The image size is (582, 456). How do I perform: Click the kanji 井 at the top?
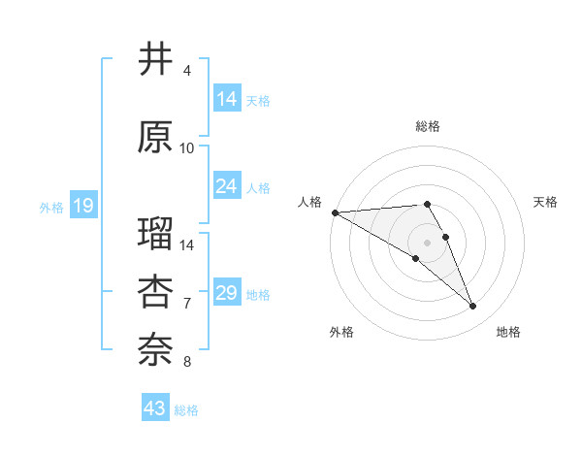(155, 60)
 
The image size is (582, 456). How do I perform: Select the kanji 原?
(155, 138)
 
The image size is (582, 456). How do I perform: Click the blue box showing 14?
(227, 99)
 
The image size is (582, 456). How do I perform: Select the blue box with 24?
(227, 186)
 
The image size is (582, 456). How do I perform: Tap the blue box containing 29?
(227, 293)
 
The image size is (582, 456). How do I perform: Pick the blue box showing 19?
(82, 206)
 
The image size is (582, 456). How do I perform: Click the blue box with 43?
(154, 408)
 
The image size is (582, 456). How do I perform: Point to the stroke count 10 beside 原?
(187, 148)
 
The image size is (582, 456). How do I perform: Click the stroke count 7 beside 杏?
(187, 304)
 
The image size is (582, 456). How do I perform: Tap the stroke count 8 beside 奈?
(187, 362)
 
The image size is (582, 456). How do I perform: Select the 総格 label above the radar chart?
(427, 126)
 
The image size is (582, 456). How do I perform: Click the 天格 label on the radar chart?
(546, 202)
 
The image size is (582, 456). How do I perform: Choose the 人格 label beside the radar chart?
(309, 202)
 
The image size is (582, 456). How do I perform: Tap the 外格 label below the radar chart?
(341, 332)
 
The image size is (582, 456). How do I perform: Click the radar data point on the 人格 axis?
(335, 212)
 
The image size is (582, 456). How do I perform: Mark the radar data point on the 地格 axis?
(473, 307)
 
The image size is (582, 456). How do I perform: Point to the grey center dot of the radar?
(427, 242)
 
